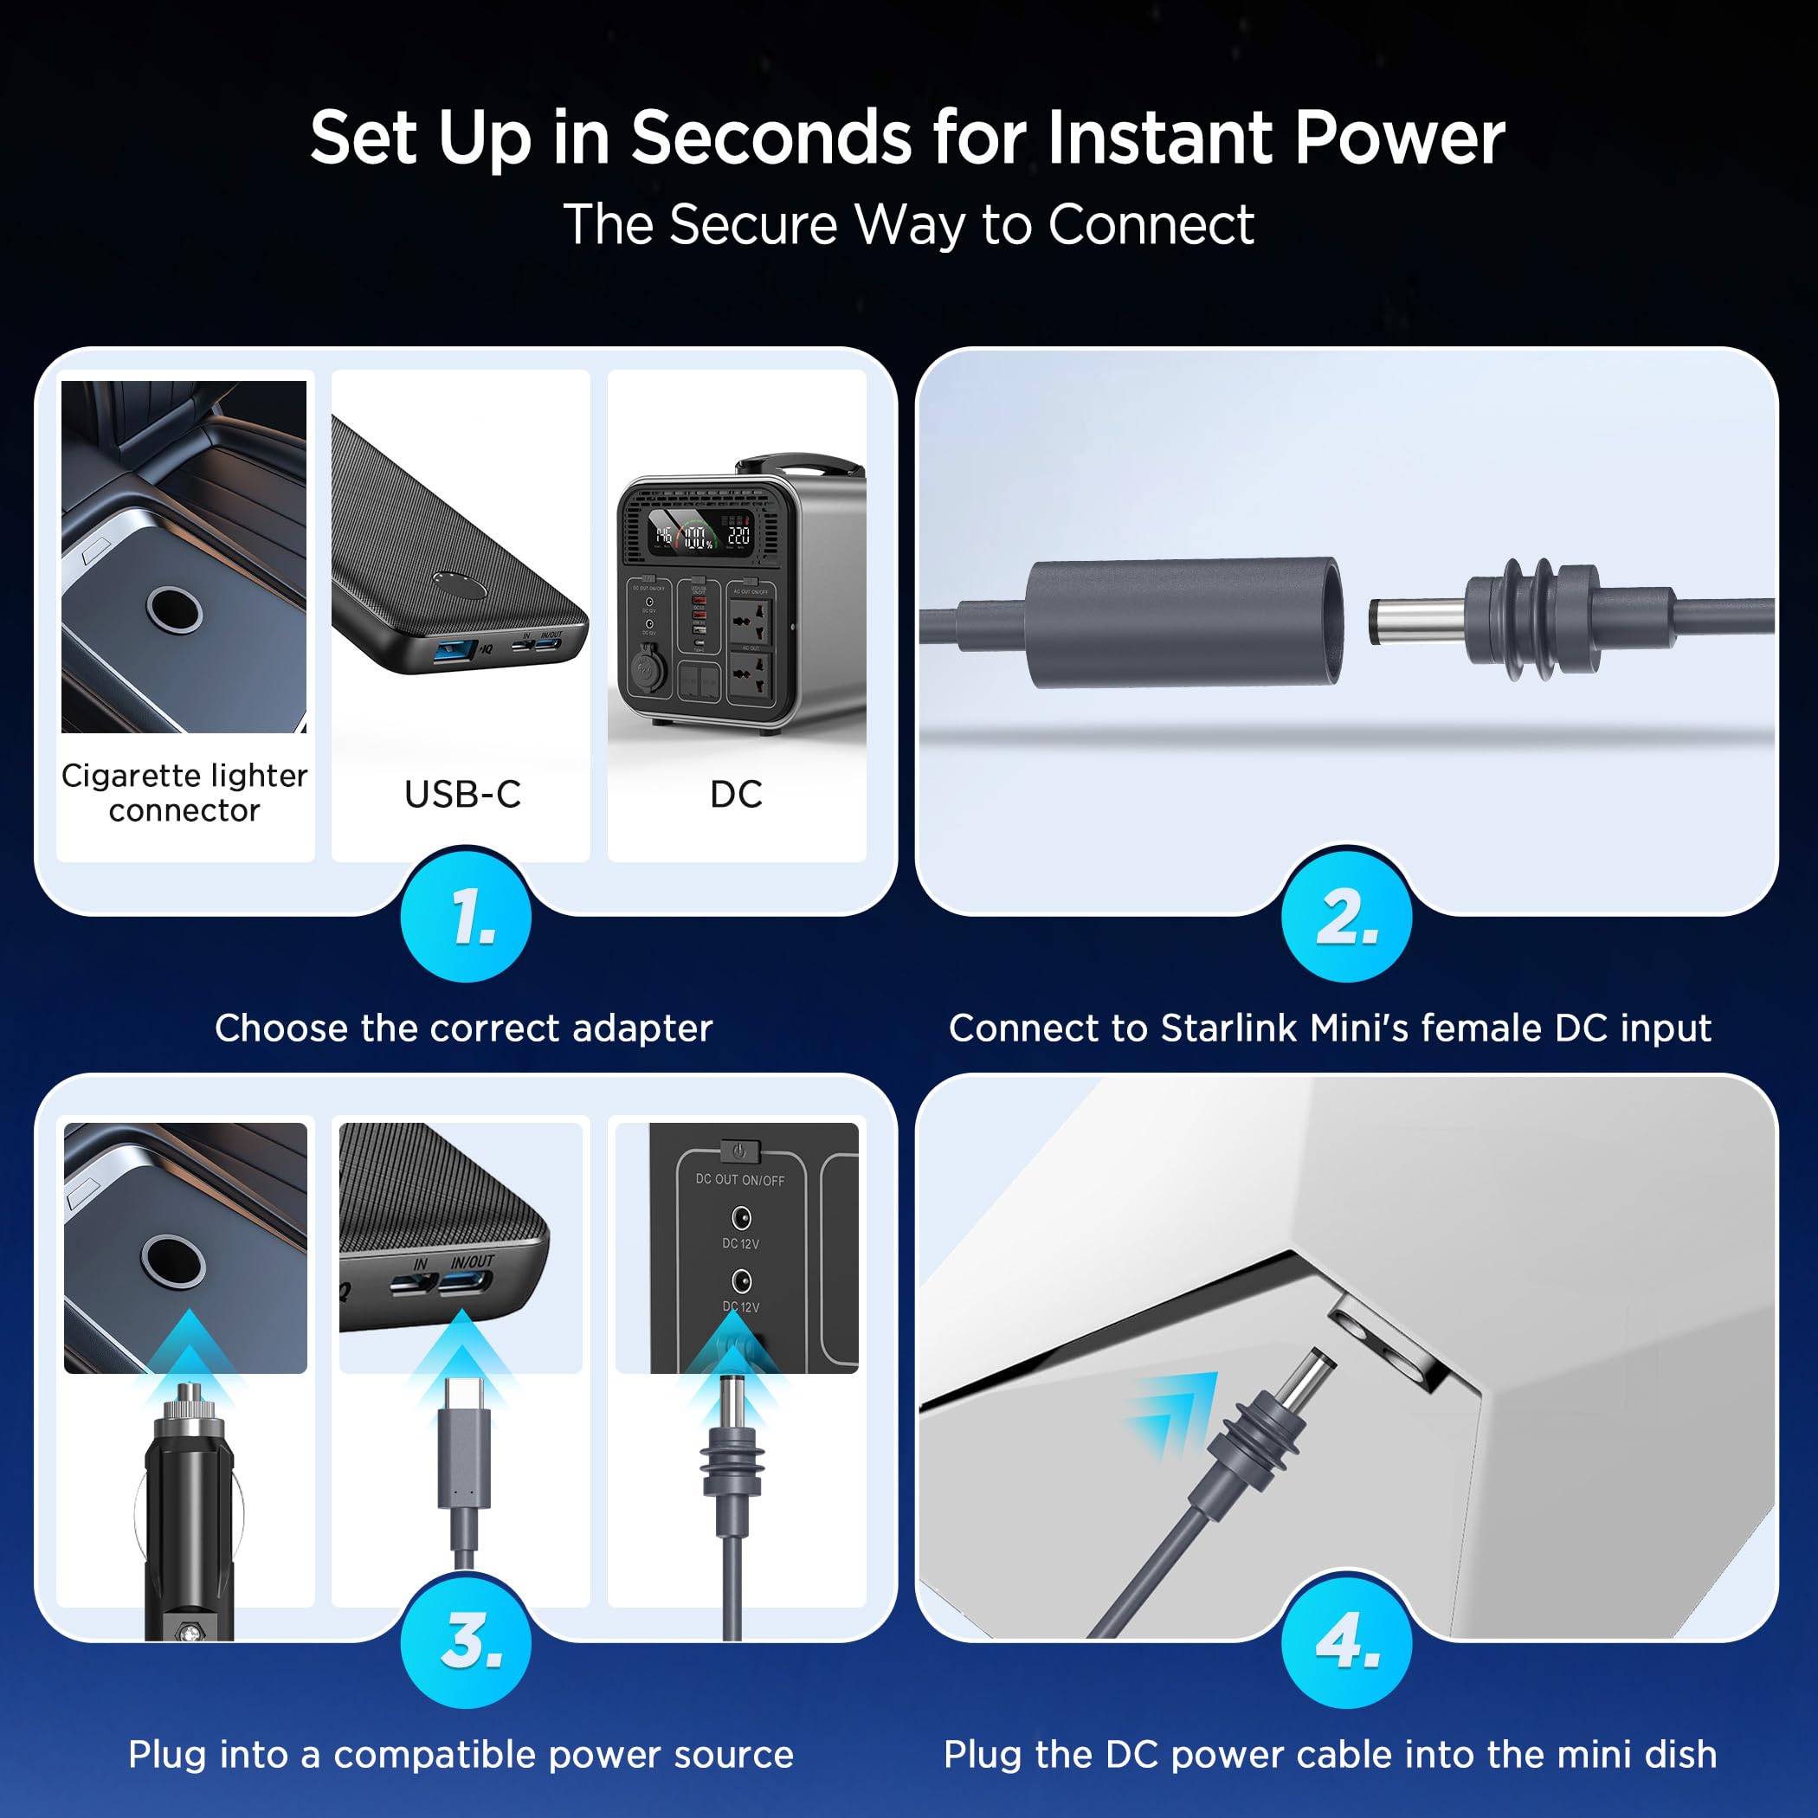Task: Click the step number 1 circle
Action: [x=466, y=917]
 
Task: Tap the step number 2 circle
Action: [x=1345, y=917]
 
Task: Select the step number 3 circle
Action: [x=466, y=1642]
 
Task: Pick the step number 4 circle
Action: [x=1345, y=1642]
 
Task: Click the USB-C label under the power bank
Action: [x=462, y=794]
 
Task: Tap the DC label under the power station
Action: [x=736, y=794]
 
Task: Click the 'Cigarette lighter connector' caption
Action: [x=184, y=792]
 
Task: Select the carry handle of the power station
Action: [x=800, y=465]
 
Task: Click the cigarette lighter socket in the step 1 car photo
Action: [x=174, y=609]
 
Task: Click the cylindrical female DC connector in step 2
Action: [x=1183, y=623]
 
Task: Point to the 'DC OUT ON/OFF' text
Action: [x=739, y=1179]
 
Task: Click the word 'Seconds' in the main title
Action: [x=770, y=138]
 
